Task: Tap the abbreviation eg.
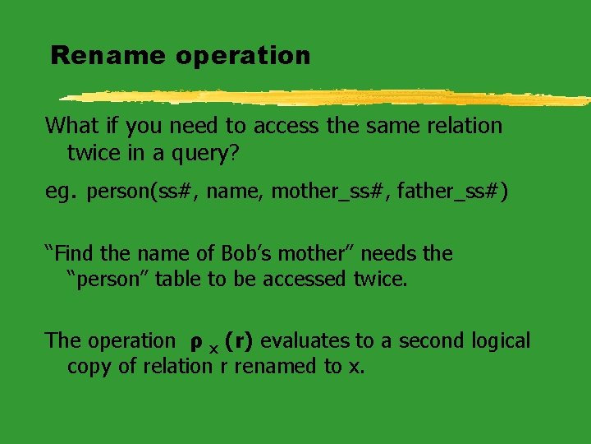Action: click(62, 192)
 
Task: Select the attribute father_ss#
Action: click(451, 192)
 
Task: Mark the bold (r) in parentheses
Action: click(239, 340)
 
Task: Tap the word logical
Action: click(501, 340)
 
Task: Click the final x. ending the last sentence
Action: click(355, 367)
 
